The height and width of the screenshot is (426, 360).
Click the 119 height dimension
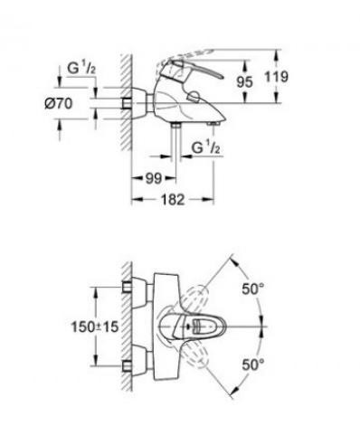pos(276,77)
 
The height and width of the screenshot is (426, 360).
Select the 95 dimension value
pos(244,81)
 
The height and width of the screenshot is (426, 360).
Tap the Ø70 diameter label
pos(59,104)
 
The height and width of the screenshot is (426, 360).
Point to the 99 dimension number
pos(154,178)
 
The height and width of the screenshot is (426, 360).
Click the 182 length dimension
pos(173,199)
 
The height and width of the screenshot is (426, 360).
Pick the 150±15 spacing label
pos(95,327)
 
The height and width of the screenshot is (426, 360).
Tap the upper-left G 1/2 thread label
pos(81,68)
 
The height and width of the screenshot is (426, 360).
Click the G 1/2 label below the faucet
pos(206,147)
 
